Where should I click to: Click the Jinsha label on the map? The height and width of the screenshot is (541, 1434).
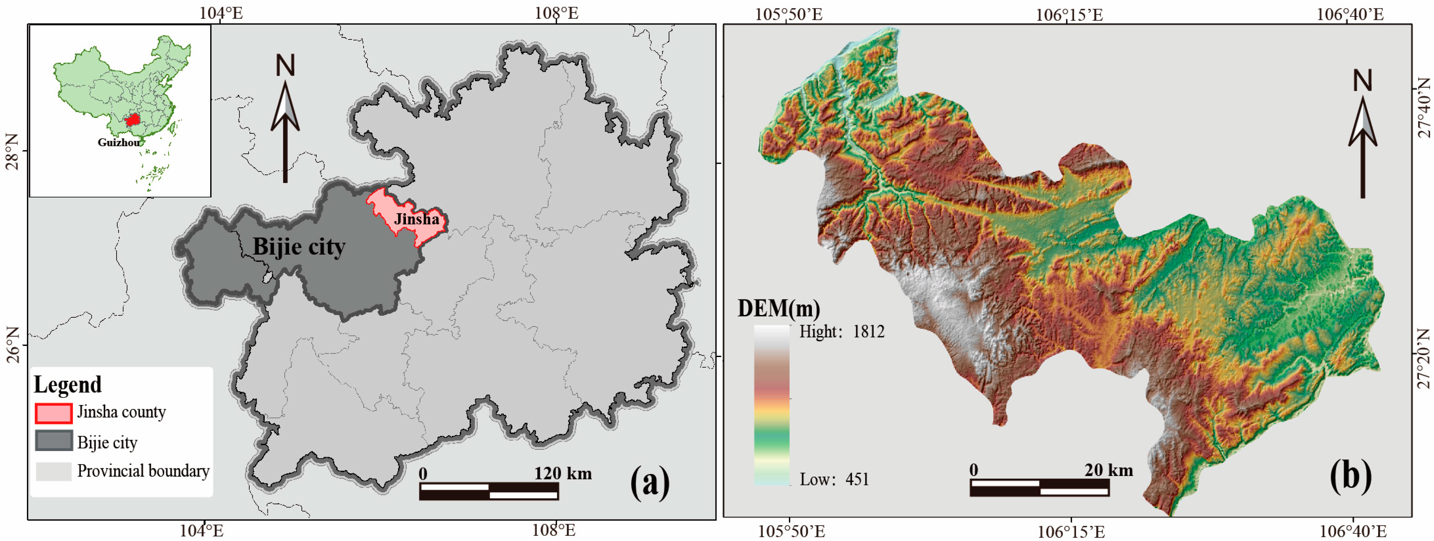pos(416,219)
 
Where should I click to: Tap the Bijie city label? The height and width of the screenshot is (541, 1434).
pos(299,247)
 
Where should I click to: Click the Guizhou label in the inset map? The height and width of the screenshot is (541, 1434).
pos(119,142)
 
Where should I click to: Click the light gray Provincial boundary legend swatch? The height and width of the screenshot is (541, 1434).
pos(54,471)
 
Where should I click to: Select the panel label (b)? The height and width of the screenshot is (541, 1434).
pos(1350,476)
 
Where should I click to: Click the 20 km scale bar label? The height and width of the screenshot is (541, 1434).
pos(1108,470)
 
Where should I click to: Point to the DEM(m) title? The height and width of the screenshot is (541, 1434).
pos(778,308)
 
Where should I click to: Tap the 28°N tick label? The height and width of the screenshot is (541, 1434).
pos(12,151)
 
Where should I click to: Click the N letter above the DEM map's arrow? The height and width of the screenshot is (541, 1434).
pos(1363,81)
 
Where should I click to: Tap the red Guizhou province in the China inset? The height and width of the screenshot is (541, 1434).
pos(132,120)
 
